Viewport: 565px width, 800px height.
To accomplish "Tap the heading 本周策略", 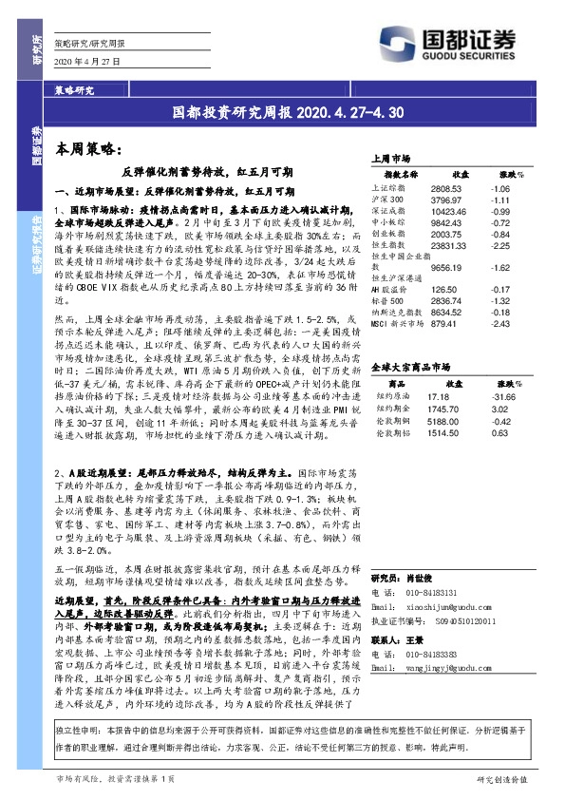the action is [x=85, y=149].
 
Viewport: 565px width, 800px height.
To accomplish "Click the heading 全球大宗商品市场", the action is [x=410, y=366].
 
